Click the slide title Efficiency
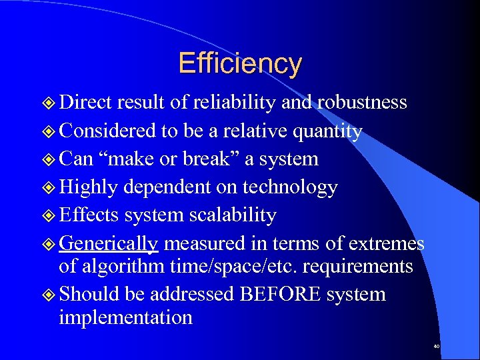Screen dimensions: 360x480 239,63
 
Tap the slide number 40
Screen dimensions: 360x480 436,347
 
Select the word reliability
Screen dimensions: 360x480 233,103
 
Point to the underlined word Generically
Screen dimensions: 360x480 108,244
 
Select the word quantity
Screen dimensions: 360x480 327,131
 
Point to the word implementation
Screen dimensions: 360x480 125,317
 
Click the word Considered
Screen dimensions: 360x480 107,131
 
